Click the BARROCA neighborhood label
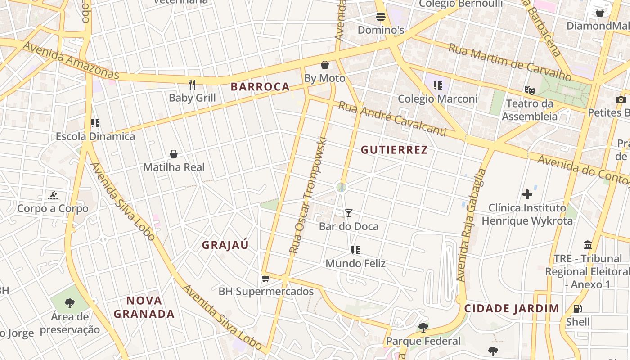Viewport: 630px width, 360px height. tap(260, 87)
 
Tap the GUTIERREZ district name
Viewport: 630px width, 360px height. tap(394, 150)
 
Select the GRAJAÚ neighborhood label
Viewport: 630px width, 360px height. tap(225, 245)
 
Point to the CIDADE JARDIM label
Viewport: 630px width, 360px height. tap(512, 309)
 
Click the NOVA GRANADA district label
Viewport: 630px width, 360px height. tap(144, 307)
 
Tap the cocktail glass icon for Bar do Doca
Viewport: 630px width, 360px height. tap(349, 213)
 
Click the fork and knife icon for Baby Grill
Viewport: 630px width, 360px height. tap(193, 84)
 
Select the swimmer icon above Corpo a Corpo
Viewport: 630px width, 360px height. tap(53, 196)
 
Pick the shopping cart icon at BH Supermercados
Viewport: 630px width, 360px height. tap(265, 278)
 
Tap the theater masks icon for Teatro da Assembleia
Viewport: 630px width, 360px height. tap(530, 90)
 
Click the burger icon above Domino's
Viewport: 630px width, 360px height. tap(381, 17)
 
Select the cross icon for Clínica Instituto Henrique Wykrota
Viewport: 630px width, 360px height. tap(527, 194)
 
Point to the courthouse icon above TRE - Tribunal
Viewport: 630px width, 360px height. tap(588, 245)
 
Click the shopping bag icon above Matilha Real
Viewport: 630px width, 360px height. tap(174, 154)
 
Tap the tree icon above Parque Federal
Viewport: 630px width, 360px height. tap(423, 328)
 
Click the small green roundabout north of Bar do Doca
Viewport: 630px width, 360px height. tap(342, 187)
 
